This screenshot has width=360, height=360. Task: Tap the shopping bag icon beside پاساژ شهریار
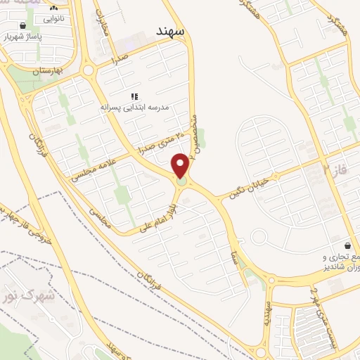coord(24,25)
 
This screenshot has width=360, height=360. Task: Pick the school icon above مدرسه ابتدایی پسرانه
coord(134,96)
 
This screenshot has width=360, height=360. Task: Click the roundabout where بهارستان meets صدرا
coord(89,70)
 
